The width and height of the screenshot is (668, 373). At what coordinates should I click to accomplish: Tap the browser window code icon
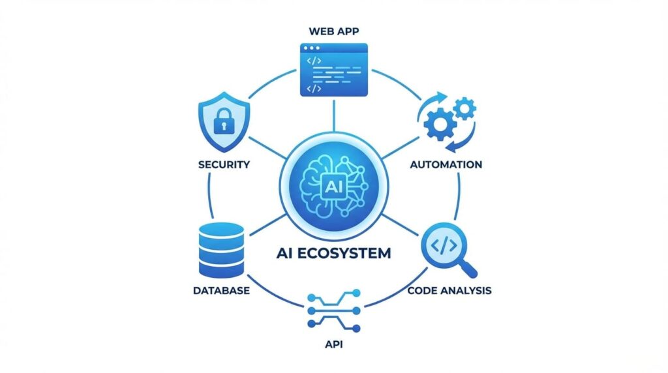click(x=333, y=70)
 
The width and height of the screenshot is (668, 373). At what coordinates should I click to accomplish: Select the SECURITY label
click(x=224, y=164)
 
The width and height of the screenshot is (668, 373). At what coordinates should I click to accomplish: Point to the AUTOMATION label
click(x=446, y=164)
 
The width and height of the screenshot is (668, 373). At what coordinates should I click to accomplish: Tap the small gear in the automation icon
click(x=464, y=107)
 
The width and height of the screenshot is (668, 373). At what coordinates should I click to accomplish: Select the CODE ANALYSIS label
click(x=449, y=290)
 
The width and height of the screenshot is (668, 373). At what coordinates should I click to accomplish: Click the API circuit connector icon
click(x=333, y=310)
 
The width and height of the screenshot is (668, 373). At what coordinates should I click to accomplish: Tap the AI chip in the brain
click(x=329, y=185)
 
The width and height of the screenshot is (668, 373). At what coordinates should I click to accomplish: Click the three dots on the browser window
click(x=311, y=48)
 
